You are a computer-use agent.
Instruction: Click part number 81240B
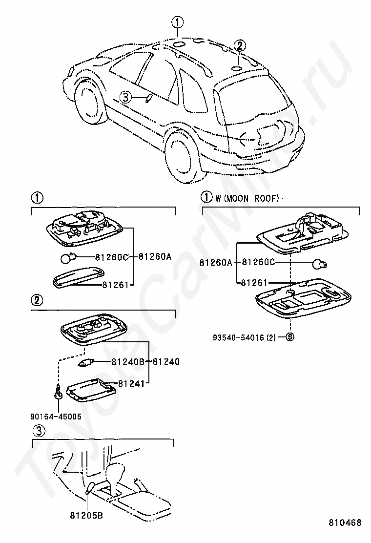(x=128, y=362)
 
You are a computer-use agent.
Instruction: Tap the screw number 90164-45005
(x=56, y=416)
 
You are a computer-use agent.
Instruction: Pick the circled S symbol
(x=290, y=336)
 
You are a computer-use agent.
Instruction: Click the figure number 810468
(x=345, y=522)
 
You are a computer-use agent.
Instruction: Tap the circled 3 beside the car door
(x=125, y=97)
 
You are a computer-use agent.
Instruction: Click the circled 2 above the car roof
(x=240, y=45)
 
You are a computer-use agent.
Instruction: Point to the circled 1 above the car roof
(x=178, y=22)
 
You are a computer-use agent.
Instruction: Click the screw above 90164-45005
(x=57, y=393)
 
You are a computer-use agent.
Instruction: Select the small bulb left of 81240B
(x=84, y=363)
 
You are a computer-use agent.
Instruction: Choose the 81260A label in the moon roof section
(x=216, y=262)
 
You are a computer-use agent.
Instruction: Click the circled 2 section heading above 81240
(x=37, y=300)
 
